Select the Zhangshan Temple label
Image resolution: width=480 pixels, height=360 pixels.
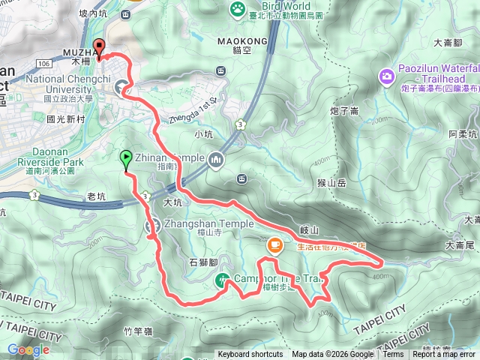click(208, 224)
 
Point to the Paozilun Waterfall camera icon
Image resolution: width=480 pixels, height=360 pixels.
click(387, 76)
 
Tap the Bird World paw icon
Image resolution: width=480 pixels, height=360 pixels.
click(237, 9)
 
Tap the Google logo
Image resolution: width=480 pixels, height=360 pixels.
click(28, 349)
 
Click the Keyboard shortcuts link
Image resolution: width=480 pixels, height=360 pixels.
click(250, 355)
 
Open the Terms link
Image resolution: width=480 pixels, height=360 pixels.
click(393, 355)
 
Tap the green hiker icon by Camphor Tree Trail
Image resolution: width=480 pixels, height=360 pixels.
click(223, 280)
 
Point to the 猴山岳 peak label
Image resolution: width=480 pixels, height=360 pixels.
click(331, 182)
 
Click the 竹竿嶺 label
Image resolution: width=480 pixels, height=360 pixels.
click(138, 331)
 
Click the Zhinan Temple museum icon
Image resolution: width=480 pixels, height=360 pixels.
click(216, 159)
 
